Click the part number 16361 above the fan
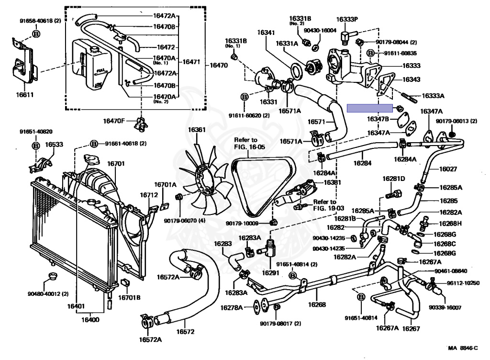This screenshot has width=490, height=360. pyautogui.click(x=196, y=130)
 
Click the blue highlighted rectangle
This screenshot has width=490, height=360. pyautogui.click(x=369, y=108)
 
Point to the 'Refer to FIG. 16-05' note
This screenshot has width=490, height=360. pyautogui.click(x=249, y=144)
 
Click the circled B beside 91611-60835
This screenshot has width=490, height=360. pyautogui.click(x=370, y=53)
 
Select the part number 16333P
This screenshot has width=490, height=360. pyautogui.click(x=347, y=20)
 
